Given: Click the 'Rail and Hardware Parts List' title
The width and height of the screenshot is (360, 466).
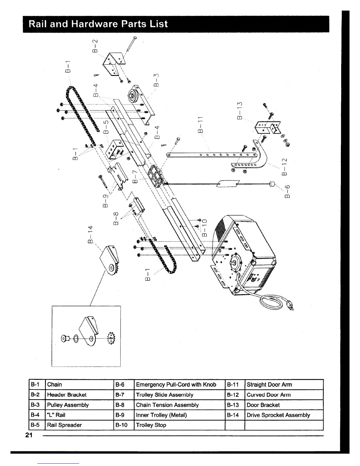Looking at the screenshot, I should (98, 24).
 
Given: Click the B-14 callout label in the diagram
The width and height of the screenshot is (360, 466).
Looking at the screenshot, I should (91, 234).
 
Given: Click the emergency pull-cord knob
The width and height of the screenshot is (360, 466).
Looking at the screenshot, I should (272, 184).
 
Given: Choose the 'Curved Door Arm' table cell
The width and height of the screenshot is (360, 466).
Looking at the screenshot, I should (269, 395).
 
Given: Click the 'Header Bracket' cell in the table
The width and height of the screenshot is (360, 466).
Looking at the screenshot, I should (67, 395).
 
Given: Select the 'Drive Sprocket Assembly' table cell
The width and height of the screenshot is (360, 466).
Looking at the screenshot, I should (278, 415).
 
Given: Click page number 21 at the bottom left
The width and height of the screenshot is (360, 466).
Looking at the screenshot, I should (29, 436).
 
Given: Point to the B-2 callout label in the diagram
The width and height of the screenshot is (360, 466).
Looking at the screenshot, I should (94, 46).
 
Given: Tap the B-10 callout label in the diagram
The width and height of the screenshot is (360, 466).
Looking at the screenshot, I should (205, 227).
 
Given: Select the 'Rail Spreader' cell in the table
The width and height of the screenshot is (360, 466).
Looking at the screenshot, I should (64, 425).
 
